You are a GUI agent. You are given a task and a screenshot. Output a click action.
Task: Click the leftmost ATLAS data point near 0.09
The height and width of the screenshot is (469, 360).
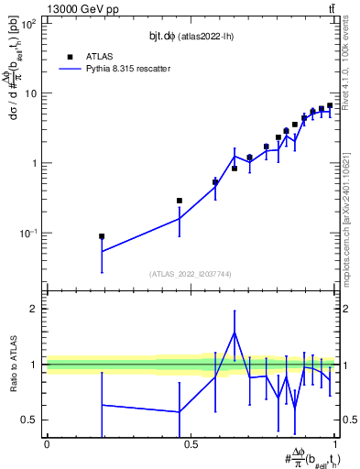click(102, 236)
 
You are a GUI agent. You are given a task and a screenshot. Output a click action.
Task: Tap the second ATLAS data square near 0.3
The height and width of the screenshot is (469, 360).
click(180, 201)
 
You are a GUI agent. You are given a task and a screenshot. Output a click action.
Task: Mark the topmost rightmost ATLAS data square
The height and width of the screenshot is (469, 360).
click(330, 105)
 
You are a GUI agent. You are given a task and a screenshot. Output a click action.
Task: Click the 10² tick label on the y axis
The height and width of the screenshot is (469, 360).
click(28, 24)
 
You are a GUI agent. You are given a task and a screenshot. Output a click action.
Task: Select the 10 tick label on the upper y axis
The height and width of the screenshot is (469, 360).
click(30, 93)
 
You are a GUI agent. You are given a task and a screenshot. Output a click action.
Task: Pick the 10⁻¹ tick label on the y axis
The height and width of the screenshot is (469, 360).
click(27, 233)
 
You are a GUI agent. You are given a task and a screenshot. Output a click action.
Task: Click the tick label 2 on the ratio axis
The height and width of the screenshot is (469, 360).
click(34, 309)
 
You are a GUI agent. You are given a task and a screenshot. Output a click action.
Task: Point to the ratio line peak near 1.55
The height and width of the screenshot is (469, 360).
click(235, 333)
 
